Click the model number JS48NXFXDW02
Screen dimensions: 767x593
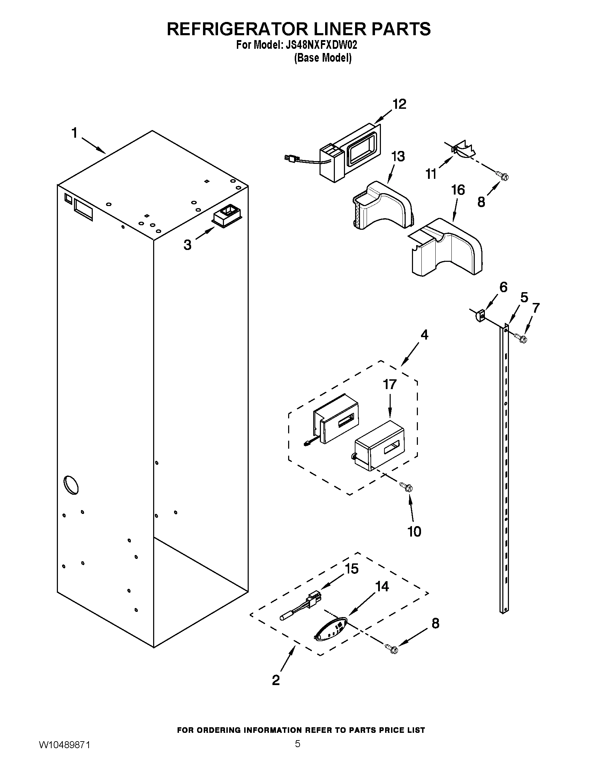(x=320, y=45)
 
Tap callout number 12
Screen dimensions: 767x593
(x=399, y=104)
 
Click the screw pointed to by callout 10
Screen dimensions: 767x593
(x=407, y=487)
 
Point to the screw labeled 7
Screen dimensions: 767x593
(x=520, y=338)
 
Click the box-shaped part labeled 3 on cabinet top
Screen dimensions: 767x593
(x=227, y=214)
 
